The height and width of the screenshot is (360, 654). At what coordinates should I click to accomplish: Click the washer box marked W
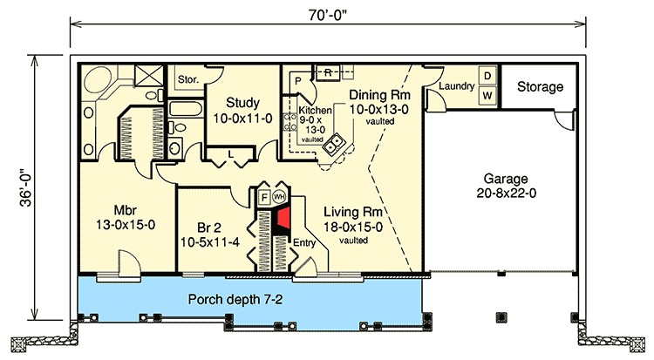[488, 94]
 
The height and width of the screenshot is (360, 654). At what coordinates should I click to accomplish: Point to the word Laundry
[455, 86]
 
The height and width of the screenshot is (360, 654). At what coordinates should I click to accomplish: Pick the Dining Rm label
[380, 95]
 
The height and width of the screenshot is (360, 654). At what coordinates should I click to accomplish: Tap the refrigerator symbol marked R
[328, 71]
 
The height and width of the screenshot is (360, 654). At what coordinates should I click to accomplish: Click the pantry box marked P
[296, 80]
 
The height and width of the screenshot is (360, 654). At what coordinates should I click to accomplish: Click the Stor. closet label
[189, 79]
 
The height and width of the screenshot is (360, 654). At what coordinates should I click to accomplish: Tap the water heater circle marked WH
[280, 197]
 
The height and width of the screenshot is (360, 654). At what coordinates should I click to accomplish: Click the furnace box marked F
[262, 198]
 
